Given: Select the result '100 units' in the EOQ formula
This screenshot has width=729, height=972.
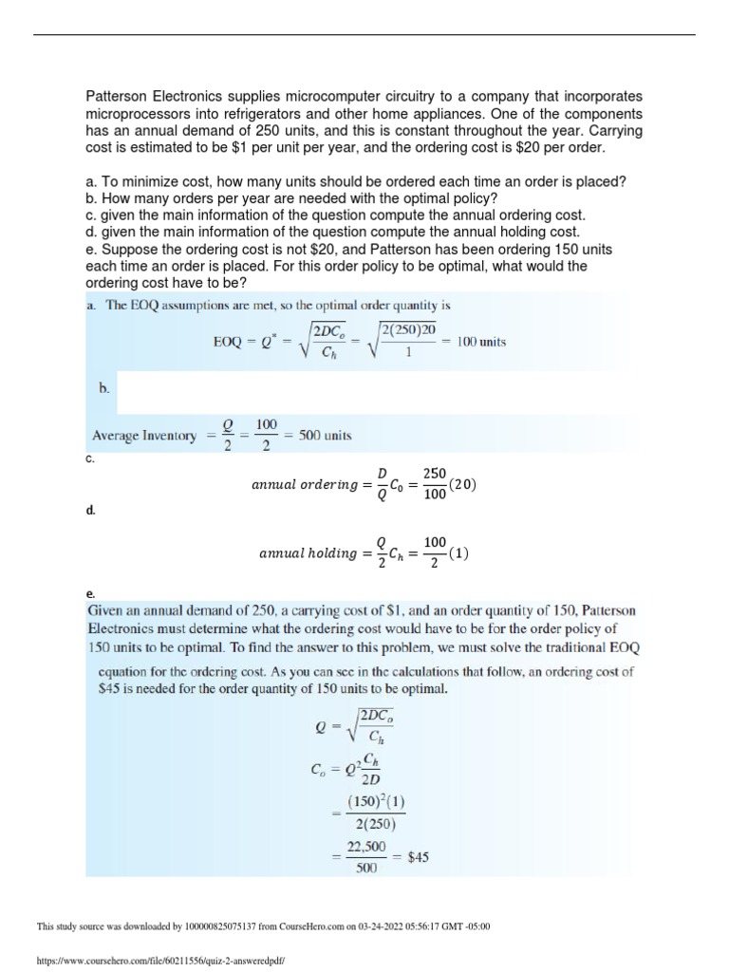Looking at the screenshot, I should click(x=481, y=341).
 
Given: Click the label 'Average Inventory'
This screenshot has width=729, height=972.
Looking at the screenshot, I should click(x=143, y=436).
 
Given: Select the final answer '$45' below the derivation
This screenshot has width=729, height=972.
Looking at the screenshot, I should click(x=418, y=855).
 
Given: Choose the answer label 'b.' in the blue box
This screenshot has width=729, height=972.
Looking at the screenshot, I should click(x=104, y=388).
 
